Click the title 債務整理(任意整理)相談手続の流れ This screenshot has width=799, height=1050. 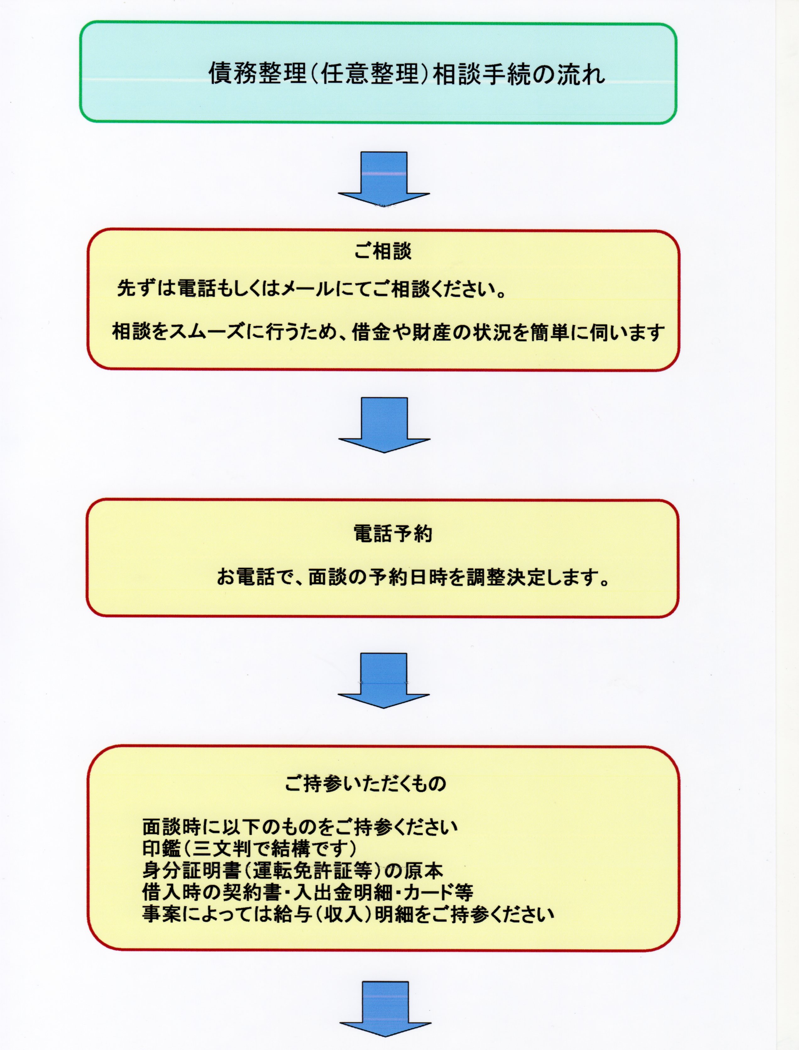click(407, 74)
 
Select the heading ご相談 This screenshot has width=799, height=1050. click(383, 251)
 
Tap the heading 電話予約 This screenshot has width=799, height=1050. click(393, 533)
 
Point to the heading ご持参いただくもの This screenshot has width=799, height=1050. click(365, 783)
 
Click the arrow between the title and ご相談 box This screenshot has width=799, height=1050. click(384, 178)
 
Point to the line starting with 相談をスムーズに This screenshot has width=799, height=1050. click(388, 331)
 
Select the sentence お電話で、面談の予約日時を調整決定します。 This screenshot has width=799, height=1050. click(413, 577)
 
